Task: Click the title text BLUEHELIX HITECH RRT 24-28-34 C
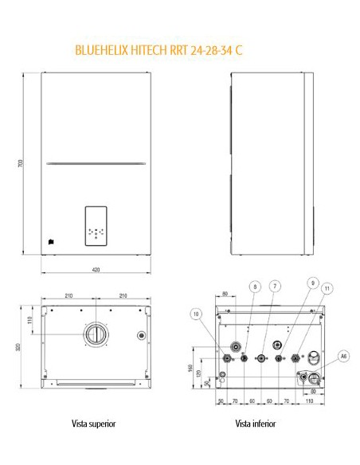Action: click(158, 50)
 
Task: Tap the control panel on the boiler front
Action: click(96, 225)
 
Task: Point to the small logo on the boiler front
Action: click(49, 236)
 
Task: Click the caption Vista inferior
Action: click(255, 424)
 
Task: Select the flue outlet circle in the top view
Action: click(96, 334)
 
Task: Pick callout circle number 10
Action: click(196, 315)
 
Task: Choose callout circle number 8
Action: click(255, 286)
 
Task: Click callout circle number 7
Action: click(274, 286)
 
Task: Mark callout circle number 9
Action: click(313, 283)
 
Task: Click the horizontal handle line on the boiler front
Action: click(96, 164)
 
